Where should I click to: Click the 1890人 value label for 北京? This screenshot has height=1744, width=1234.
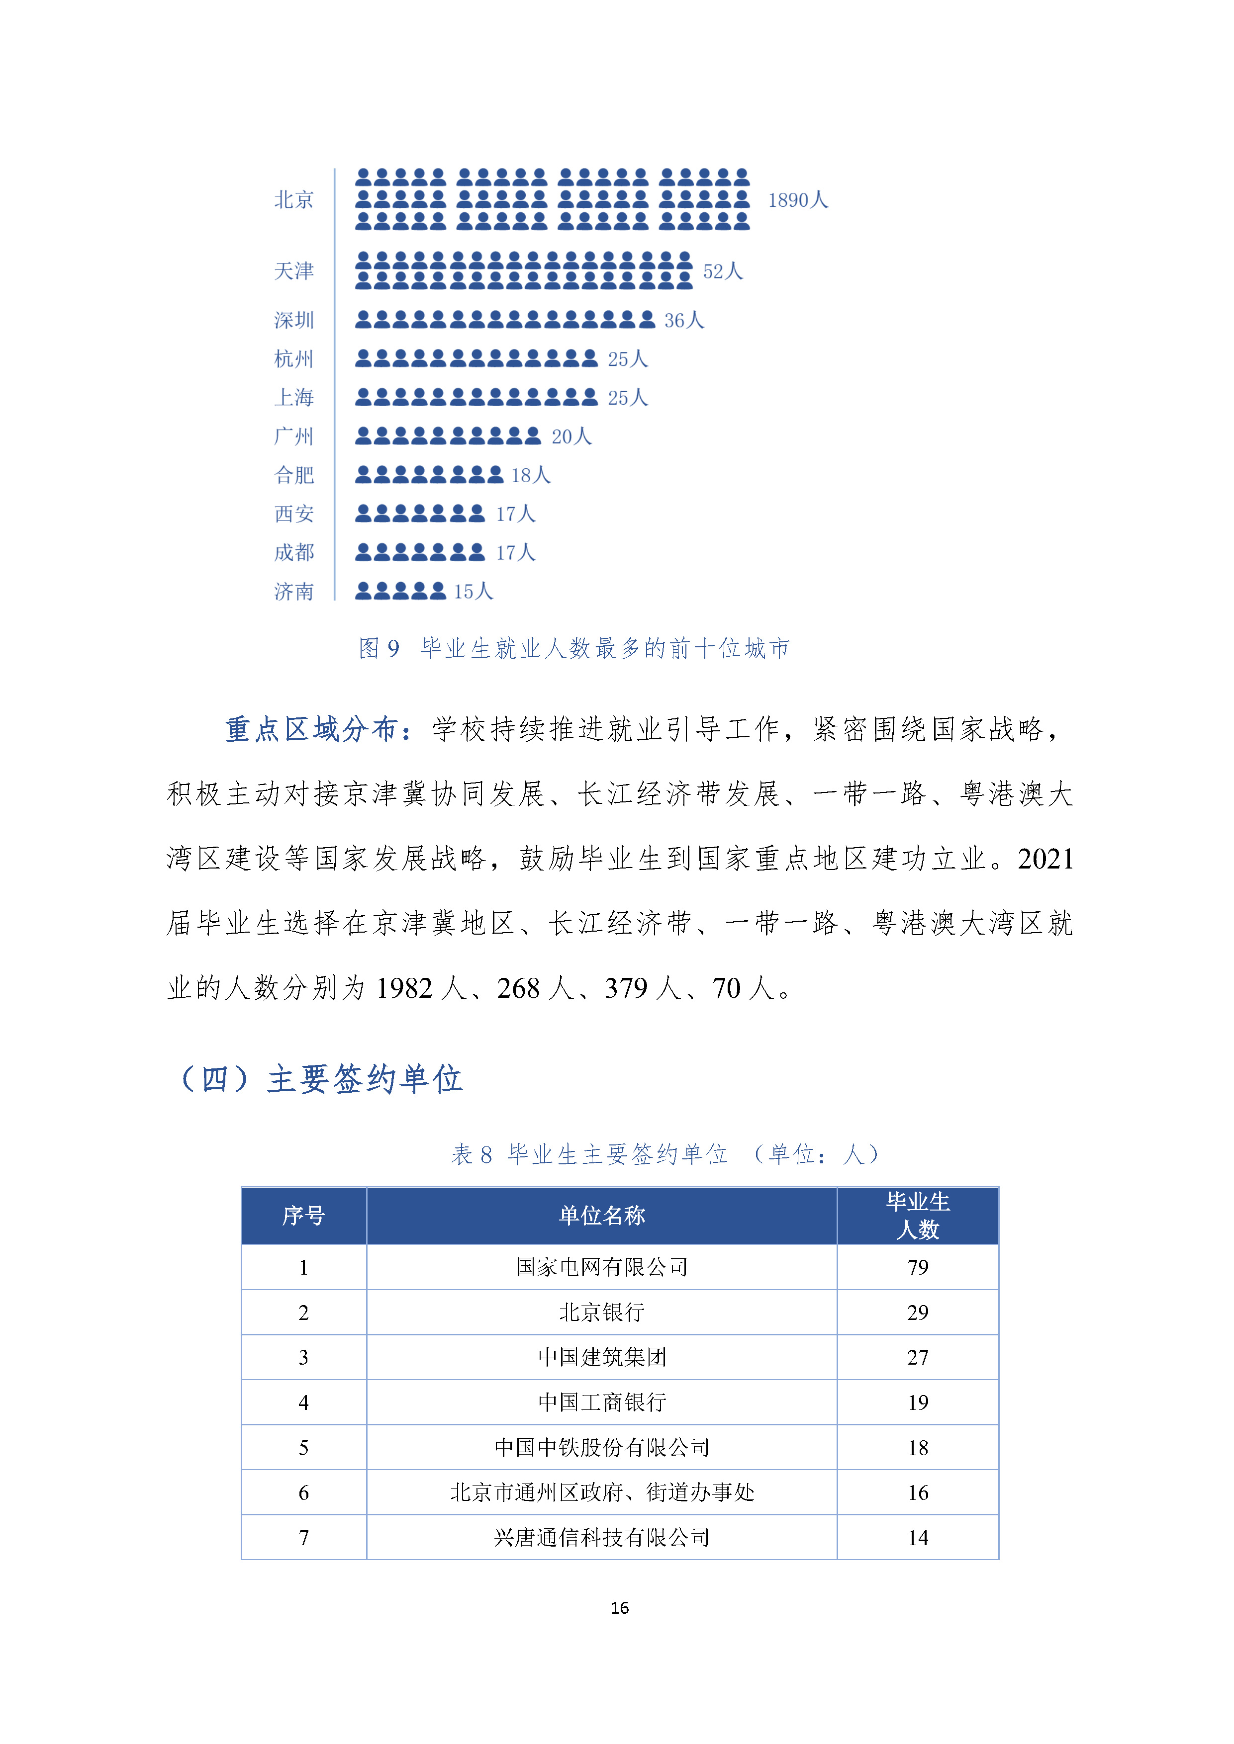[x=797, y=200]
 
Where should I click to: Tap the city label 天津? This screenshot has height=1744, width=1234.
[x=293, y=271]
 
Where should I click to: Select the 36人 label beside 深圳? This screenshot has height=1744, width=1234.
[x=684, y=321]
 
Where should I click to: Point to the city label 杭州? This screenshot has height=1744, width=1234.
[x=293, y=358]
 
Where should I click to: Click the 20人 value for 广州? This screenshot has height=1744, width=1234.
[x=571, y=437]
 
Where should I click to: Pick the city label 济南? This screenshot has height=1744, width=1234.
[x=293, y=591]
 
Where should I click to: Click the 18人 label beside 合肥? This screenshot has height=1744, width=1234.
[x=530, y=475]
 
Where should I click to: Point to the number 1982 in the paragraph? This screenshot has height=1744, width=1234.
[x=403, y=988]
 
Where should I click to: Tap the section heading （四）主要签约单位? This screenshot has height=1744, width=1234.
[x=320, y=1079]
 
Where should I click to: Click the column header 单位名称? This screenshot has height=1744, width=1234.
[x=602, y=1216]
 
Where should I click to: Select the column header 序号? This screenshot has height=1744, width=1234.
[x=303, y=1216]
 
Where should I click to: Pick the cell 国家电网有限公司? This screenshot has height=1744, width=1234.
[x=602, y=1266]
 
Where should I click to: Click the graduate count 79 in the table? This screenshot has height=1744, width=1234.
[x=918, y=1266]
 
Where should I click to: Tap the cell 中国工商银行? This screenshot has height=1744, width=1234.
[x=602, y=1401]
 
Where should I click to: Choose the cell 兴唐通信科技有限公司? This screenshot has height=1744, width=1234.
[x=602, y=1537]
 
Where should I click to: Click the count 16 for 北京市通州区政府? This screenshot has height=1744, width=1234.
[x=918, y=1492]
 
